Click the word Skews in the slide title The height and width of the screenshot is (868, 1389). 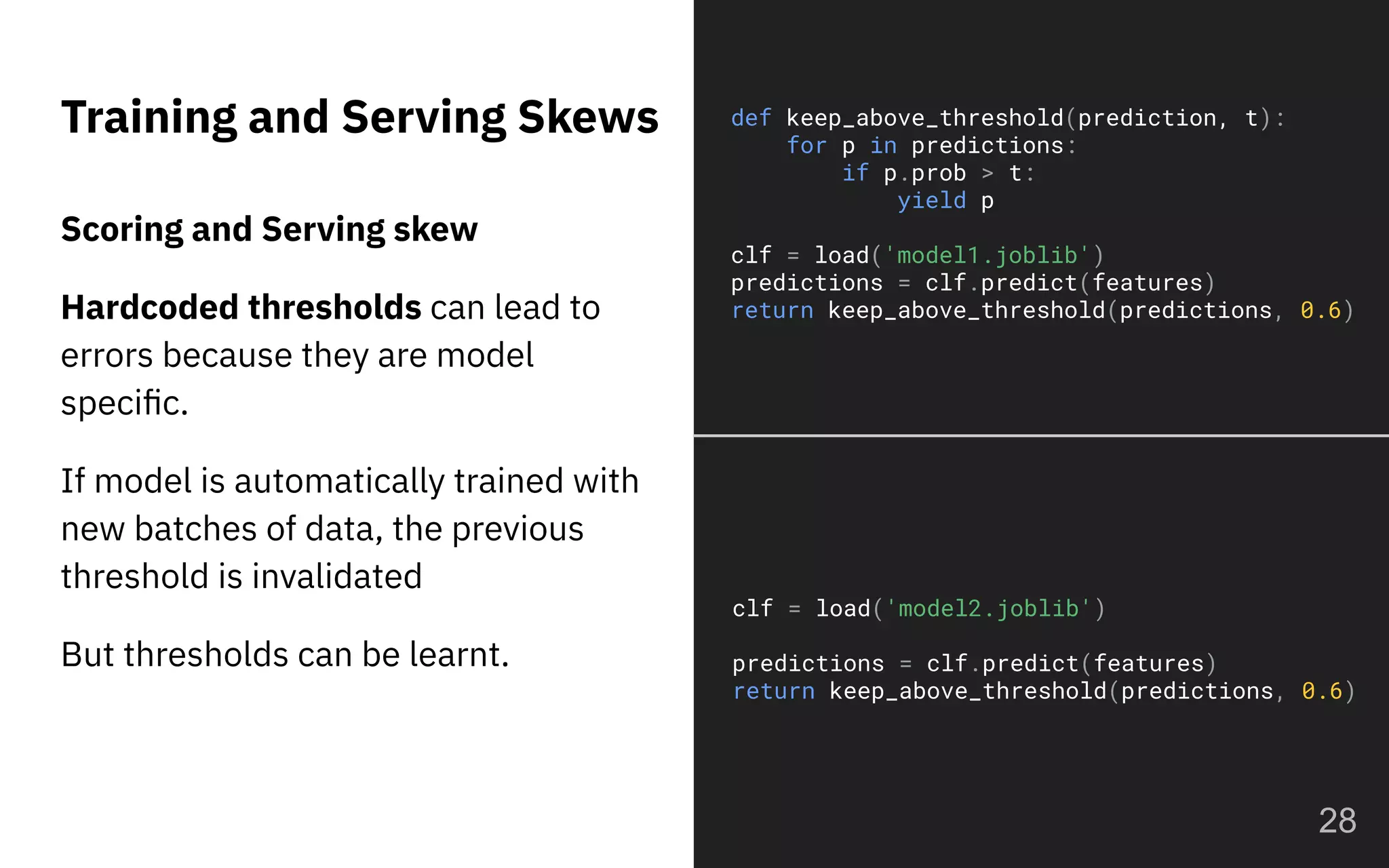588,117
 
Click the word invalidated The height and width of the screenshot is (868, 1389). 337,576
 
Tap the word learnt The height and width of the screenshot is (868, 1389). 458,655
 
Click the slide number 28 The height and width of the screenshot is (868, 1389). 1337,821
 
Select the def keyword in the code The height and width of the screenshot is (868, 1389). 751,119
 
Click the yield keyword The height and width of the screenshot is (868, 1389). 931,201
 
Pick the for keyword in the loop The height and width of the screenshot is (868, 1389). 806,146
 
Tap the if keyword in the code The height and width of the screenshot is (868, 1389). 855,174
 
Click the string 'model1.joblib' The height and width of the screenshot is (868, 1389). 987,256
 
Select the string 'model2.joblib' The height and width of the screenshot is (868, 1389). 988,609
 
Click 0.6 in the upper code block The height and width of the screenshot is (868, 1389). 1320,311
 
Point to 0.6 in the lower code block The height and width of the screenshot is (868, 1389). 1322,691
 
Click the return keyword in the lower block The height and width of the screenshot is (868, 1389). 773,691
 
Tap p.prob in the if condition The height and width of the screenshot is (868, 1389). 924,174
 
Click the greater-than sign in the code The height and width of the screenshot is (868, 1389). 987,174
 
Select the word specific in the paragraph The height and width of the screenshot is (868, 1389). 123,403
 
